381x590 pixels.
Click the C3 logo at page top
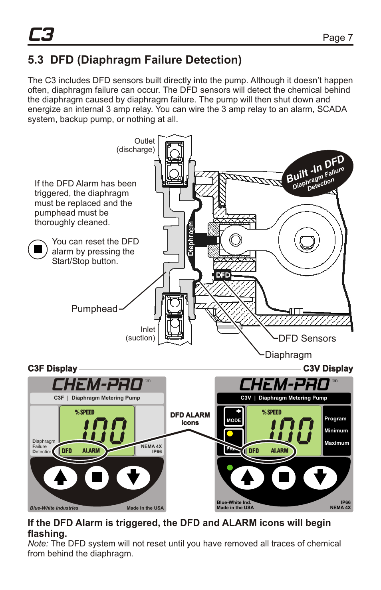point(41,35)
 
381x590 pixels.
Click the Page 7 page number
point(337,38)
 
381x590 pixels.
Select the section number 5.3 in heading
point(36,60)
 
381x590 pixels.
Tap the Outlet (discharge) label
point(136,145)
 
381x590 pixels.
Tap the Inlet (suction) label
point(141,334)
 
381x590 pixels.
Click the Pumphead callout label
point(94,309)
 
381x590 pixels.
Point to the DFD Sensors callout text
point(307,338)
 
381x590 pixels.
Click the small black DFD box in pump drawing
point(222,275)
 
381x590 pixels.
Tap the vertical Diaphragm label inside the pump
point(191,238)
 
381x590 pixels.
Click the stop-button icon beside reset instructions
point(38,249)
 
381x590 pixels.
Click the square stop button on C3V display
point(284,477)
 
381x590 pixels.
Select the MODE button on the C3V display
point(234,416)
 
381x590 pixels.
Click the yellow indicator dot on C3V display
point(230,433)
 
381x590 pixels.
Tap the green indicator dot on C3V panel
point(230,467)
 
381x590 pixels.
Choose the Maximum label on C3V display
point(336,443)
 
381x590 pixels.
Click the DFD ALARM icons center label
point(190,419)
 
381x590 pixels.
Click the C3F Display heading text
point(52,368)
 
